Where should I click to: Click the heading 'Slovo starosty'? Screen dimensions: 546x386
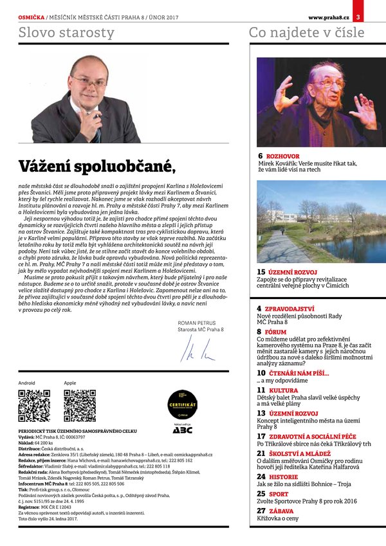click(66, 32)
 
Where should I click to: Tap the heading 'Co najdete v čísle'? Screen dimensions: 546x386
click(306, 32)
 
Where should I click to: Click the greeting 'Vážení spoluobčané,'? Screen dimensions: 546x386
click(96, 166)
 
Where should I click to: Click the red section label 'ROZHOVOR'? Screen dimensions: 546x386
click(282, 156)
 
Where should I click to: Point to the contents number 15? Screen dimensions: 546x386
click(261, 272)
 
